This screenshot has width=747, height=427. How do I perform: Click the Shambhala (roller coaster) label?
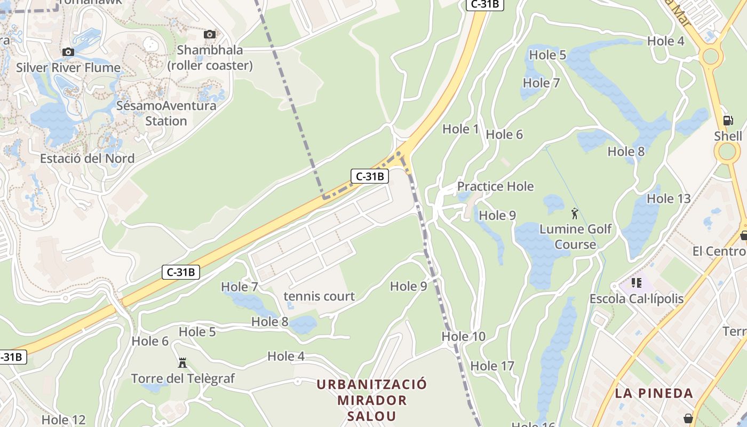210,58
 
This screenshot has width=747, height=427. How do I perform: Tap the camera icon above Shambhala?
210,35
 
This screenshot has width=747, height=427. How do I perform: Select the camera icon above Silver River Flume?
68,52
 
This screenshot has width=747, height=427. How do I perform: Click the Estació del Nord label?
88,159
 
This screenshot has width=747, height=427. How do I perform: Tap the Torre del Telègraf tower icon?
182,363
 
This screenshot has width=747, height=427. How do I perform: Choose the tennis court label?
319,296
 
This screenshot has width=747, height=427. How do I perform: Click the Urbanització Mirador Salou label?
372,400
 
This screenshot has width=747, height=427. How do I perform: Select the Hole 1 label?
460,129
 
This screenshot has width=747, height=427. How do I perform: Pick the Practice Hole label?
495,186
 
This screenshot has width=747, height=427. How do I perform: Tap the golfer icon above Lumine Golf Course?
575,213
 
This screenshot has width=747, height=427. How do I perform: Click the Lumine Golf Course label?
575,236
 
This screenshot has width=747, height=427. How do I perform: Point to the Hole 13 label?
669,199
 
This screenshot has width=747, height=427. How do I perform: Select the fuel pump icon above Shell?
728,121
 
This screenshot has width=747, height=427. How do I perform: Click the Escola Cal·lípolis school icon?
636,282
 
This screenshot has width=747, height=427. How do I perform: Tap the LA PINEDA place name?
654,393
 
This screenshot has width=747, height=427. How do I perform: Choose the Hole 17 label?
492,366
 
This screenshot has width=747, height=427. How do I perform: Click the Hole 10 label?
464,336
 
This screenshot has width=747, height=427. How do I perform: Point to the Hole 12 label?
63,420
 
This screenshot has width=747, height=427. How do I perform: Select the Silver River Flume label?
68,68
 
